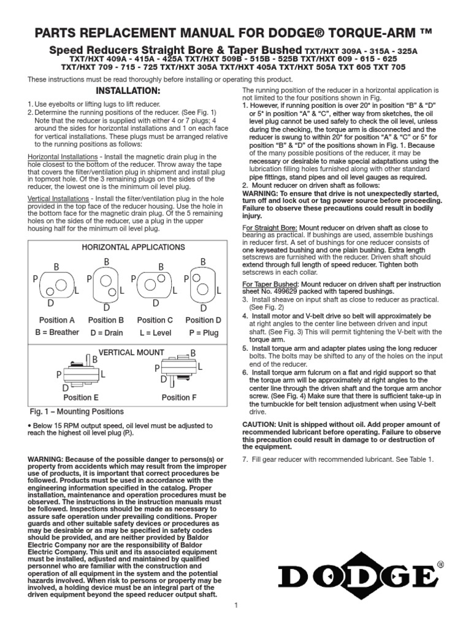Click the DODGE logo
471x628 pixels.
(x=359, y=577)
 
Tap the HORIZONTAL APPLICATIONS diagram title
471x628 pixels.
(x=128, y=247)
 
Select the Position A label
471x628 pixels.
(x=56, y=320)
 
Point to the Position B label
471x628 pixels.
(x=105, y=320)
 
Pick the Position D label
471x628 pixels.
(x=203, y=320)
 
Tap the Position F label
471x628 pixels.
(x=179, y=397)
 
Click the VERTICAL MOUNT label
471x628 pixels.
(x=131, y=352)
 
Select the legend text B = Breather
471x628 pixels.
(x=56, y=332)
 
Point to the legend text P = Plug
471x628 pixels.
(x=203, y=332)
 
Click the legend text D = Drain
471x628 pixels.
(x=105, y=332)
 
